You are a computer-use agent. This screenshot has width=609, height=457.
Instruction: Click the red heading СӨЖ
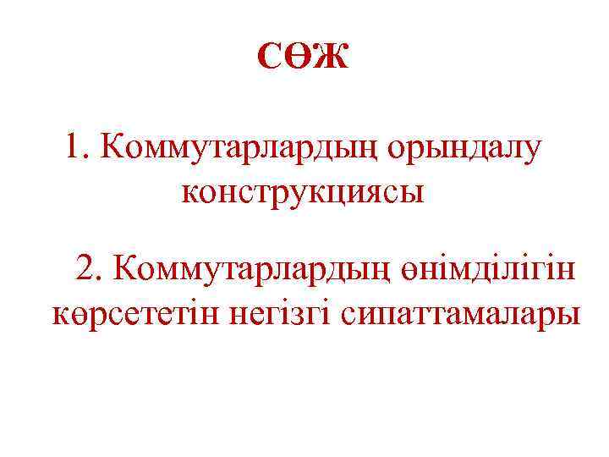303,58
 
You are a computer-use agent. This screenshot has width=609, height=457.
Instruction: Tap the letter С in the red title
268,58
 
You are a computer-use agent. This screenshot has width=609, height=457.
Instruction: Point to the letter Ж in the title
333,58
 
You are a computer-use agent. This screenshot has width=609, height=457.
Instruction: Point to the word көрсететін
135,315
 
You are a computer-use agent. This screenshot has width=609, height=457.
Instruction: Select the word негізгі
283,315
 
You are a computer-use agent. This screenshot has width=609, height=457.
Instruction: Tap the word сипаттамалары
462,315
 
